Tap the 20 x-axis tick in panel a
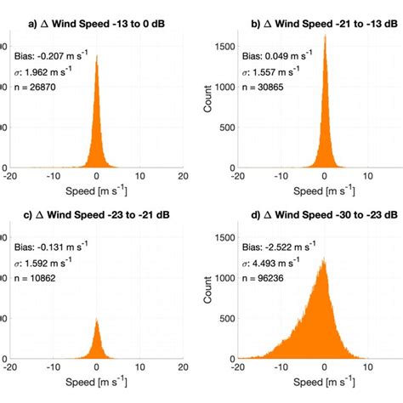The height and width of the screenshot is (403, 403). [182, 176]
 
